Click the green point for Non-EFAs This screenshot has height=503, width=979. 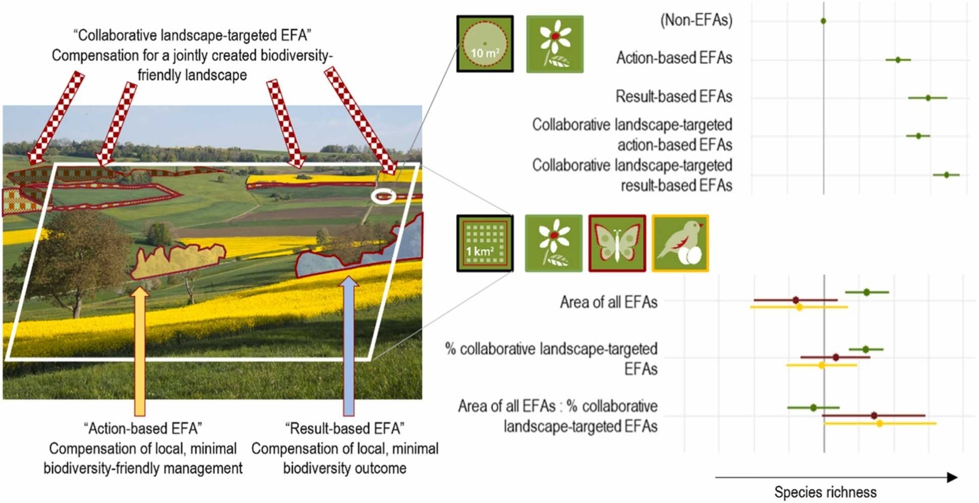tap(823, 21)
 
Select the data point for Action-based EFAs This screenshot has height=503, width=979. tap(898, 60)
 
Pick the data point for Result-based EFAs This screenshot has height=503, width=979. tap(928, 98)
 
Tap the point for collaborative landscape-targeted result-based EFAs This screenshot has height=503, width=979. tap(947, 175)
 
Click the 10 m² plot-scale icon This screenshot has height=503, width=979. tap(485, 44)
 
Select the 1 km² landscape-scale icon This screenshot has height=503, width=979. tap(485, 243)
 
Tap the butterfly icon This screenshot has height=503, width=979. tap(617, 243)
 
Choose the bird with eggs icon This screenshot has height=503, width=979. tap(680, 243)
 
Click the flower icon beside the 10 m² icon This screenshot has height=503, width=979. tap(555, 44)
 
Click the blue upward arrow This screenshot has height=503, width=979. tap(349, 346)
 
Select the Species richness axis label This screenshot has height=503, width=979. tap(825, 492)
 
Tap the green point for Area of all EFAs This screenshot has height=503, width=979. tap(866, 292)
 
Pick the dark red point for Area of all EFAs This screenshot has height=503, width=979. tap(795, 300)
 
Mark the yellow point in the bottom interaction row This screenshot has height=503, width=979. tap(880, 424)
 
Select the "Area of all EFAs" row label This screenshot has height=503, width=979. tap(609, 302)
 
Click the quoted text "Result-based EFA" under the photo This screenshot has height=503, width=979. tap(344, 428)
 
